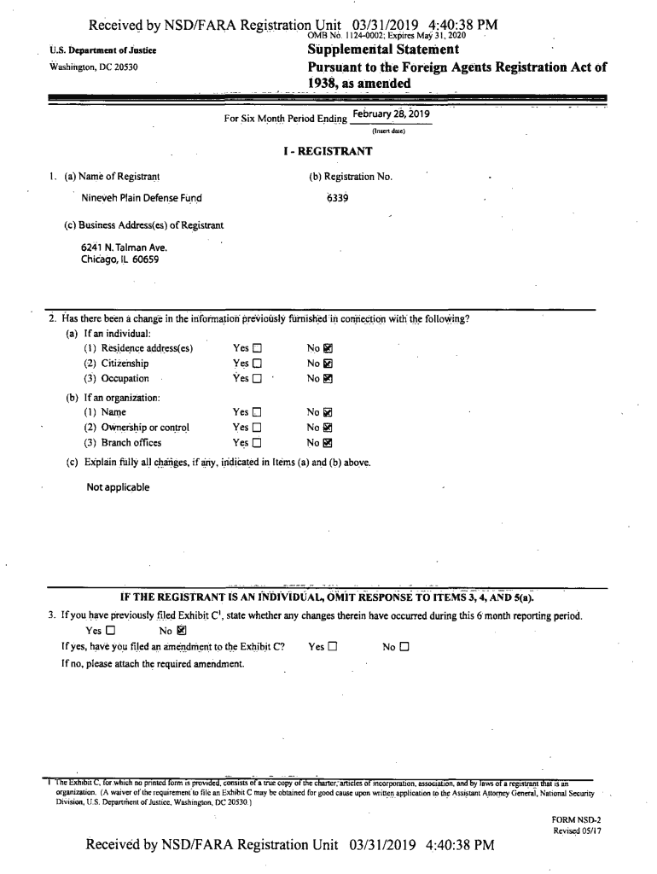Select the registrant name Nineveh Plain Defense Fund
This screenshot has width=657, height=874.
[142, 199]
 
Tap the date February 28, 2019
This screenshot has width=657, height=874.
[388, 114]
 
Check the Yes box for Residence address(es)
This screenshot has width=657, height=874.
[258, 348]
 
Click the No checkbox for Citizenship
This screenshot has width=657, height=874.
[328, 364]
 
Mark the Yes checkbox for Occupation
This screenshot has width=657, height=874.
[258, 379]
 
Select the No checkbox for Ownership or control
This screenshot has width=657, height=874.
[328, 427]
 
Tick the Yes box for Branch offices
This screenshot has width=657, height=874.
[258, 442]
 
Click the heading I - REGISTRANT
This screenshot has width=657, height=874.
[328, 152]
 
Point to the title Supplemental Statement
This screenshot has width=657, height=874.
[383, 50]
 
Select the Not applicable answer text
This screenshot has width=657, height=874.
[118, 487]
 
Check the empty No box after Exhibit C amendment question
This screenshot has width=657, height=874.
[404, 647]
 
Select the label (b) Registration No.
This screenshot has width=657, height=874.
[351, 177]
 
